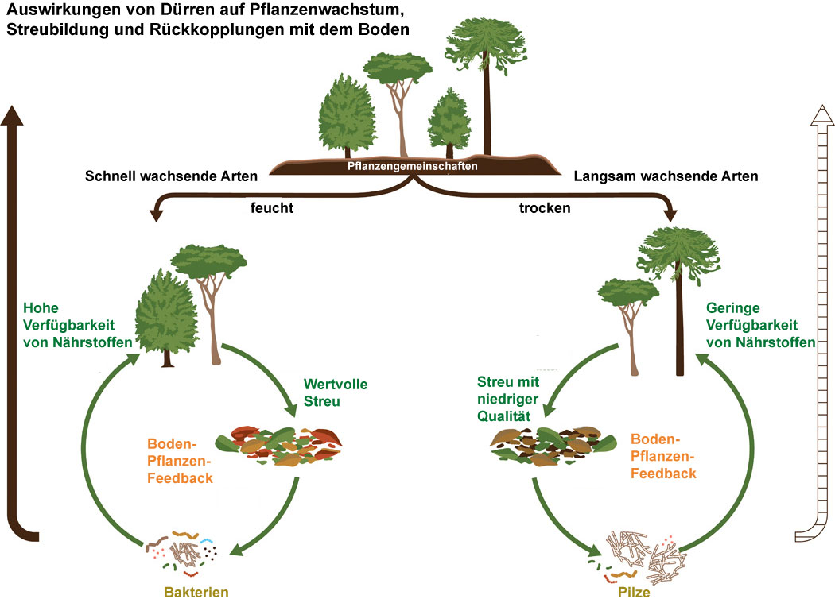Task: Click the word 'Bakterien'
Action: coord(196,591)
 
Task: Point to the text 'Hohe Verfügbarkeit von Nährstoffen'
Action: coord(76,325)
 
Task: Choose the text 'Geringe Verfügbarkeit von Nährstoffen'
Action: coord(761,325)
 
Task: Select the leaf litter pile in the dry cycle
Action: coord(553,446)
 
